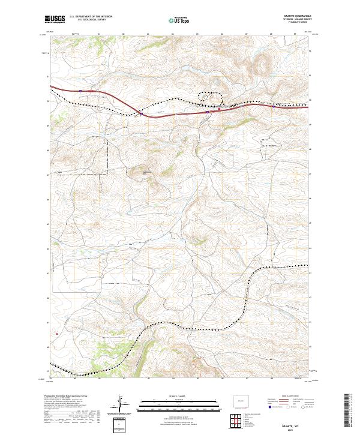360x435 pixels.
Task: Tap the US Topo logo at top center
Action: [181, 20]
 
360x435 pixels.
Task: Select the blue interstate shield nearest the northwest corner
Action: [80, 91]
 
